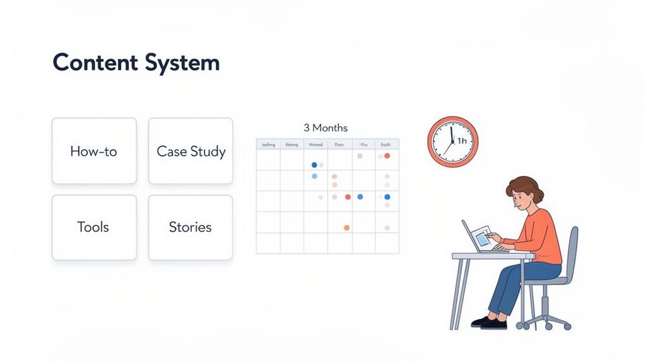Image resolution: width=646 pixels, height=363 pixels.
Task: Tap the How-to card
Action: pyautogui.click(x=94, y=151)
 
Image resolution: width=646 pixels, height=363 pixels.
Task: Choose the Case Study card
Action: pyautogui.click(x=191, y=151)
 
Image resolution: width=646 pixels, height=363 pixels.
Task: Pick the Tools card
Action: pyautogui.click(x=94, y=227)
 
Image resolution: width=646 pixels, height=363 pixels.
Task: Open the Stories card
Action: pyautogui.click(x=191, y=227)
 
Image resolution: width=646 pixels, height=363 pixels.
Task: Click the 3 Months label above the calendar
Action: pyautogui.click(x=326, y=128)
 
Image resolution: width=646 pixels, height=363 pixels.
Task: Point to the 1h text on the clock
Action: pyautogui.click(x=462, y=141)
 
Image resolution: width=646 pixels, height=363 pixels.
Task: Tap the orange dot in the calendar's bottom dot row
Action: pyautogui.click(x=346, y=228)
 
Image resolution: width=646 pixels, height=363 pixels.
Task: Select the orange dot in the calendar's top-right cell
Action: pyautogui.click(x=387, y=156)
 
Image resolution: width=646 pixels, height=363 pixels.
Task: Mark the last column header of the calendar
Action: pyautogui.click(x=386, y=144)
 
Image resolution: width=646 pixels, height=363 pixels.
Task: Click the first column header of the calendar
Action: pyautogui.click(x=268, y=144)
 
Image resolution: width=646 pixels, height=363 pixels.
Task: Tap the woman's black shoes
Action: pyautogui.click(x=489, y=323)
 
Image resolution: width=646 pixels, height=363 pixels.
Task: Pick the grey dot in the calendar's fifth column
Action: pyautogui.click(x=360, y=156)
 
